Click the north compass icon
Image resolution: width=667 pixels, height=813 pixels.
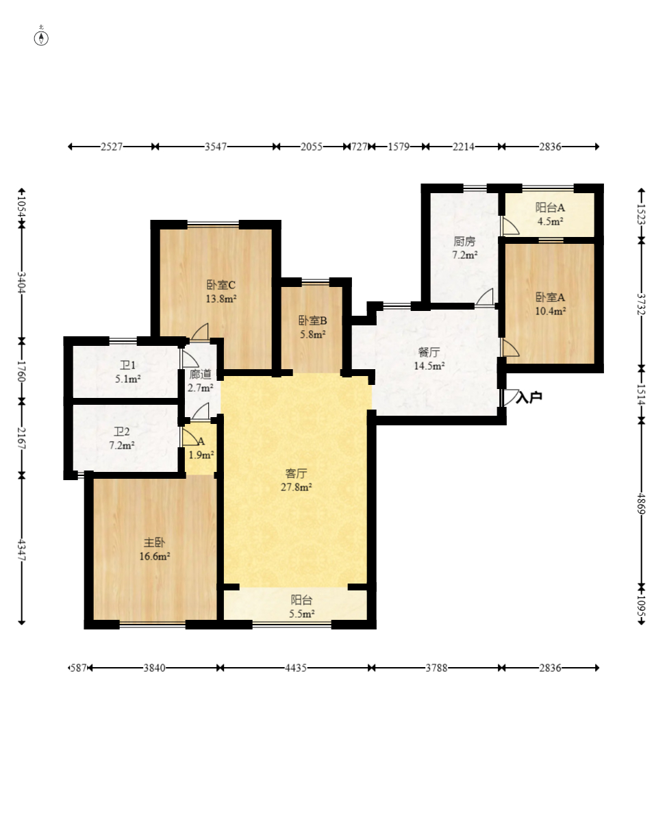(x=41, y=38)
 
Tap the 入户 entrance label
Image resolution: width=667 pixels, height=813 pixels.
(x=529, y=398)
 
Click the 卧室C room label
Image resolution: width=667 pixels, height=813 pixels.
(x=221, y=285)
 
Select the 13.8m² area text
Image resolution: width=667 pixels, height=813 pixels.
(x=221, y=299)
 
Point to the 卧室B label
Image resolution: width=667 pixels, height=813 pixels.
(x=312, y=321)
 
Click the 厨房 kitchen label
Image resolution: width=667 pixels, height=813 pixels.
(x=464, y=241)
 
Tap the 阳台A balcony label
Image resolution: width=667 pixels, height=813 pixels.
(x=550, y=208)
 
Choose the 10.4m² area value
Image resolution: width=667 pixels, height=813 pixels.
(x=551, y=311)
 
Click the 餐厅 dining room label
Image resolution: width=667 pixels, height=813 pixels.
(x=429, y=352)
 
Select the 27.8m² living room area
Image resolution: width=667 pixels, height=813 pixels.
(x=296, y=487)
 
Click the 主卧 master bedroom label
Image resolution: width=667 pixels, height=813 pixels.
(x=155, y=542)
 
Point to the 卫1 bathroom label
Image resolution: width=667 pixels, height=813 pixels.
(x=127, y=365)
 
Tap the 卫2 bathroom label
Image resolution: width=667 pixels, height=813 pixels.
(x=122, y=431)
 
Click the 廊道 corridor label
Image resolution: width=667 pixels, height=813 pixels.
(x=200, y=374)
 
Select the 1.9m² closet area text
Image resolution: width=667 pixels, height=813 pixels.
(x=201, y=455)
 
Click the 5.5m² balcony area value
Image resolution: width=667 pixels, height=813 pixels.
(x=301, y=614)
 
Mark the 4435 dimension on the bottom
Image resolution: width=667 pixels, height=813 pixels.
(x=295, y=668)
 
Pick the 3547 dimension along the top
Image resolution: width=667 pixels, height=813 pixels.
(x=216, y=147)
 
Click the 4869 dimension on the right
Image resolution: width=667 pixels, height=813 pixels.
(x=641, y=503)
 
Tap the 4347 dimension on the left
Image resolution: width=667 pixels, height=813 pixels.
(x=22, y=549)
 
